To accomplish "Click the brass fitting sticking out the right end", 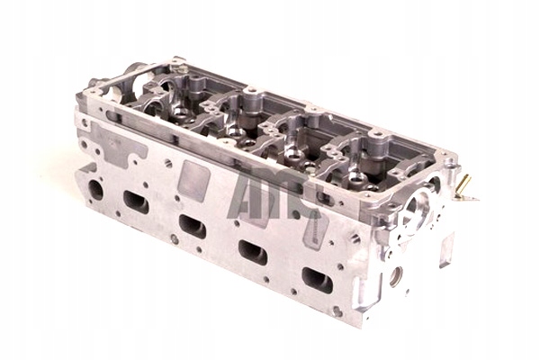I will point(464,190).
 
